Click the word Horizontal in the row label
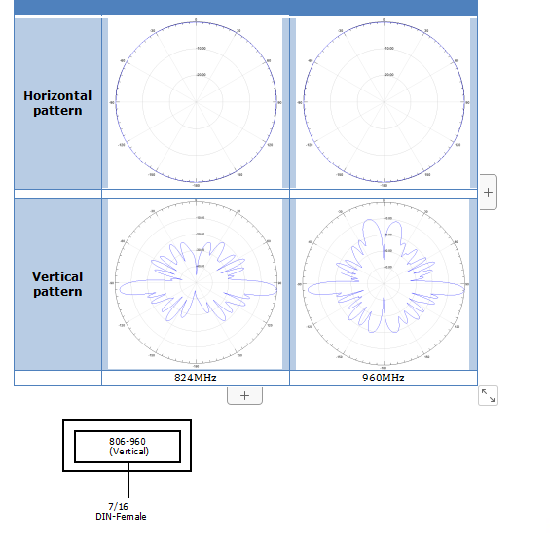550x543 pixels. tap(57, 96)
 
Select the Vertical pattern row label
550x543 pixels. tap(57, 284)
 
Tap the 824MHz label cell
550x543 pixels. tap(196, 378)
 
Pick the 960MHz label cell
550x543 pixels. tap(384, 378)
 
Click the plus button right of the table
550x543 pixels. tap(488, 193)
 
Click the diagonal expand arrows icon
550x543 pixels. tap(489, 395)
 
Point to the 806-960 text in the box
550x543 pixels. tap(128, 442)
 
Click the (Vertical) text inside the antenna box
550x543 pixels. tap(128, 452)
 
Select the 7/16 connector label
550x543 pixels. tap(118, 506)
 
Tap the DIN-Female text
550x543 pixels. tap(121, 516)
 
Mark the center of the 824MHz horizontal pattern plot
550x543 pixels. tap(196, 101)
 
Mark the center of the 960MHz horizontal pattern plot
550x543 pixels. tap(384, 101)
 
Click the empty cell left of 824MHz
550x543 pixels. tap(57, 378)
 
